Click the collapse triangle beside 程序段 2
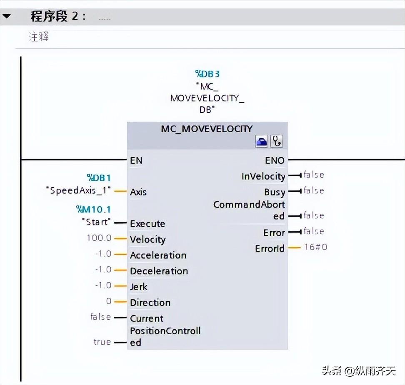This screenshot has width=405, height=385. [7, 16]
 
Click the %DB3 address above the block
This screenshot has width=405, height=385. [207, 74]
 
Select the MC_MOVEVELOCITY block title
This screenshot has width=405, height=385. [207, 129]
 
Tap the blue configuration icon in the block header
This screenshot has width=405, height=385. [262, 142]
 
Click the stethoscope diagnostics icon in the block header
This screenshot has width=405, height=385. [277, 142]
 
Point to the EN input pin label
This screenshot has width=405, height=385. [136, 160]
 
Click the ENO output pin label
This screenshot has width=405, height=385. [275, 160]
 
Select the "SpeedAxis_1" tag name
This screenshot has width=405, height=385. [79, 190]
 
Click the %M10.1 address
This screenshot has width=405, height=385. [93, 209]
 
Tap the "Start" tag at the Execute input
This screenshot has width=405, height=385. [97, 222]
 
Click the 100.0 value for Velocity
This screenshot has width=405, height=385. [99, 238]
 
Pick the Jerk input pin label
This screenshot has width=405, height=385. [138, 287]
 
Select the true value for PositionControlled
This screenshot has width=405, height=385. [102, 342]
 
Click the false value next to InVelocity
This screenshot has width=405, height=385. [313, 175]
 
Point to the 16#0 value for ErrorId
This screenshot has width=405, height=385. [315, 247]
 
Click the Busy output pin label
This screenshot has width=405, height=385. [275, 192]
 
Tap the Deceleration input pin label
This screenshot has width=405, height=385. [159, 271]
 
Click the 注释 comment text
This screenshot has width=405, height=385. [39, 37]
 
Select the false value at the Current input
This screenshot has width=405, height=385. [100, 317]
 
